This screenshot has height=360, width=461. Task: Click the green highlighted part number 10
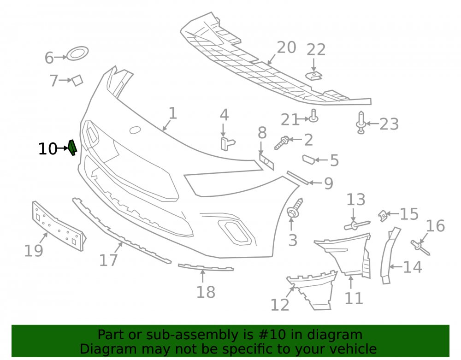point(72,148)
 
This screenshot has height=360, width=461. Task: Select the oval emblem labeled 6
point(77,53)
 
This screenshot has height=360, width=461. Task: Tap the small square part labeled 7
point(77,80)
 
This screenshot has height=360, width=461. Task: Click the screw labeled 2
point(282,143)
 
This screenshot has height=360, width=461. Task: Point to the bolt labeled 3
point(295,208)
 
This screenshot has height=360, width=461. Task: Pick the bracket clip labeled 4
point(227,143)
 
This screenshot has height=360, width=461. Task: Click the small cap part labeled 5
point(309,159)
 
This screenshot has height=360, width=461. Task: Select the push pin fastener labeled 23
point(361,123)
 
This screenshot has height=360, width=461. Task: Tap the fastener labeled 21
point(313,116)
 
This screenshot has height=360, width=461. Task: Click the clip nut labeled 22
point(313,76)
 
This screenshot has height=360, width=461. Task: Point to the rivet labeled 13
point(357,225)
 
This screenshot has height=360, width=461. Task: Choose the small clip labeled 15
point(383,216)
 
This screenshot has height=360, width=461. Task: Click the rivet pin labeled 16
point(420,248)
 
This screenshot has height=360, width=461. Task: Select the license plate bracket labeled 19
point(59,226)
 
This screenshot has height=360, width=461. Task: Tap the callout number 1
point(172,113)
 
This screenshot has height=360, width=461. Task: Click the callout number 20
point(286,47)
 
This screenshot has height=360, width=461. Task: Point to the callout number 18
point(206,292)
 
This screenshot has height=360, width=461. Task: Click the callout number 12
point(280,305)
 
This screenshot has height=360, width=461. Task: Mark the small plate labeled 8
point(266,162)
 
